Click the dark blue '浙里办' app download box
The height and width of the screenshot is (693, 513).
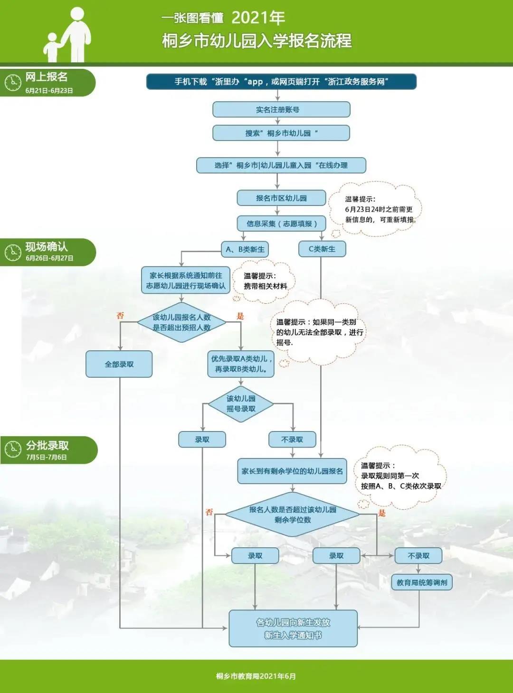click(x=281, y=82)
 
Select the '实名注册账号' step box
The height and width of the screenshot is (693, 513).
click(x=281, y=110)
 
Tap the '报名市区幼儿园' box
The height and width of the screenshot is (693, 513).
click(x=281, y=198)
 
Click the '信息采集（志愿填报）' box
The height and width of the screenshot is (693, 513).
click(x=281, y=224)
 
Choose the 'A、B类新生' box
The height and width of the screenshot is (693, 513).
click(x=245, y=249)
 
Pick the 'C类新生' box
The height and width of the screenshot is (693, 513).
click(x=322, y=249)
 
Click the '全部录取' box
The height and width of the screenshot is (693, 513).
click(x=119, y=364)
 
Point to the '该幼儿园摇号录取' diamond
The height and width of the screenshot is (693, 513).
click(x=241, y=403)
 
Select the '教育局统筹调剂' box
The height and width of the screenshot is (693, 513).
click(x=421, y=582)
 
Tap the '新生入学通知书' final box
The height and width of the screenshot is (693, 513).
click(x=293, y=628)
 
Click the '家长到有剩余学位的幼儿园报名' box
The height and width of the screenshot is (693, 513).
click(x=292, y=471)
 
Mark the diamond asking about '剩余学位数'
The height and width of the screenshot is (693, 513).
click(x=292, y=515)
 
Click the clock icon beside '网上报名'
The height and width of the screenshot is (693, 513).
click(x=13, y=83)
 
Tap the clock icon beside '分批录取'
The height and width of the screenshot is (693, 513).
click(x=13, y=449)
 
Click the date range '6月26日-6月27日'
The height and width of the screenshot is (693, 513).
click(x=49, y=258)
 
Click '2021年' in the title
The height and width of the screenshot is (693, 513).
click(x=258, y=18)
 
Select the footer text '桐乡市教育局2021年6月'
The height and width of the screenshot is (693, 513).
click(x=256, y=676)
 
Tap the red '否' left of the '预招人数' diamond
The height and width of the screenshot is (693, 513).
click(x=120, y=316)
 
